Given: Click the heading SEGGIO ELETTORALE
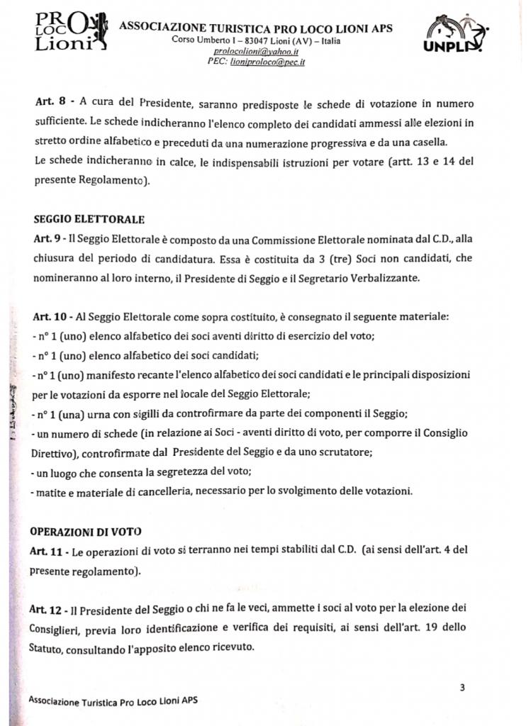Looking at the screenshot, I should (x=89, y=219).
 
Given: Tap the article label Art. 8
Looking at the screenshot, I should (x=50, y=103).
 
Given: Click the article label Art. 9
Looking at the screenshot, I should (x=48, y=239).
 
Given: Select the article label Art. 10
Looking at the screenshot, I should (x=51, y=315).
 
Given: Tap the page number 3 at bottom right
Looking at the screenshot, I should (x=462, y=686).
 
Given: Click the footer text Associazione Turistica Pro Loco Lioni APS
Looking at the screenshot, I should (x=113, y=700).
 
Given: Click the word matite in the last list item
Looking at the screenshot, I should (x=52, y=491).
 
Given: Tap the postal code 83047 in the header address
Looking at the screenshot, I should (x=236, y=41).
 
